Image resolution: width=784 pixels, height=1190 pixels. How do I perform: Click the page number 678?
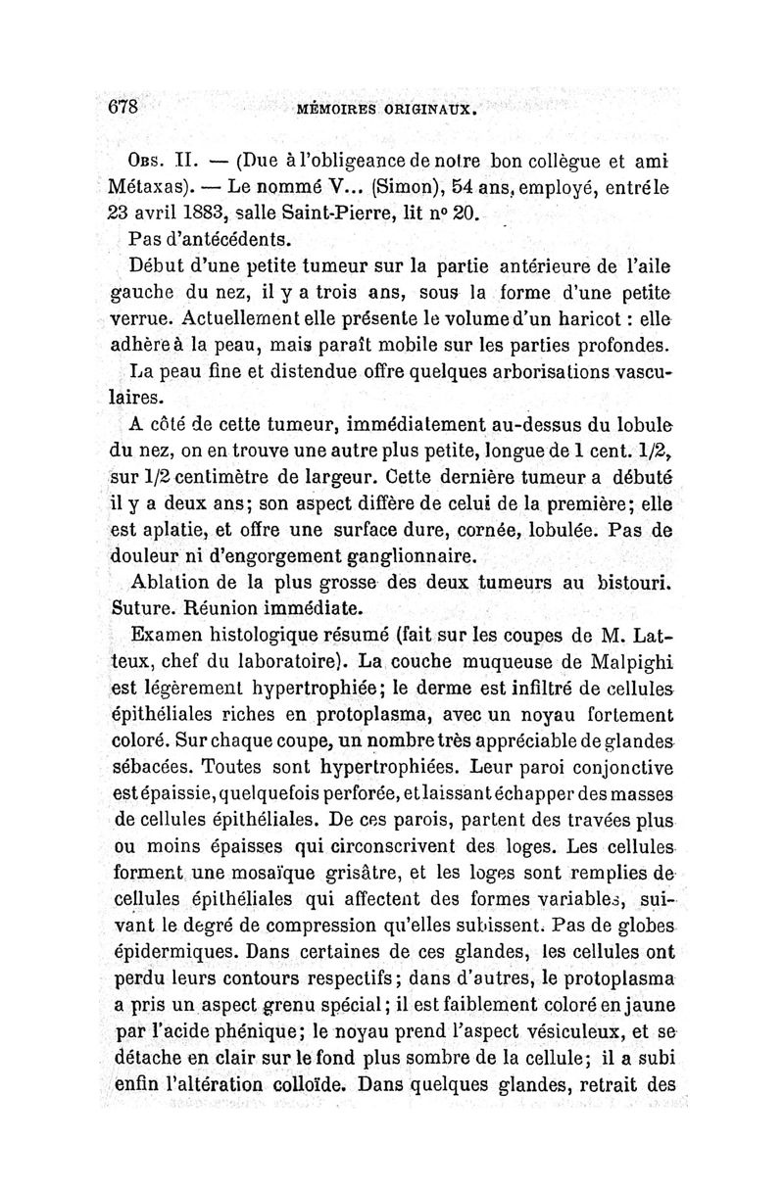click(x=124, y=106)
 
